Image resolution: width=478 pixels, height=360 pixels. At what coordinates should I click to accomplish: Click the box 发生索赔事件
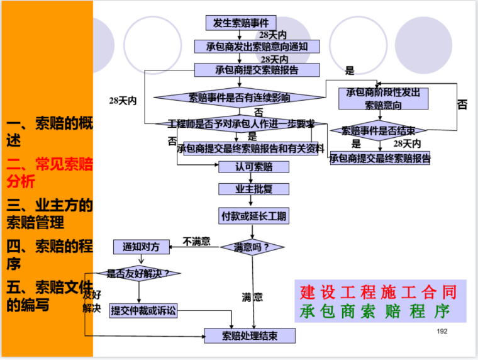coord(241,23)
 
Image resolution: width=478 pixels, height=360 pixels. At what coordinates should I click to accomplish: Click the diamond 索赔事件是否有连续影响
coord(240,98)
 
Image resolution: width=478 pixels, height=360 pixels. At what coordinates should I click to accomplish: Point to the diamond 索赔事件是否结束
coord(383,131)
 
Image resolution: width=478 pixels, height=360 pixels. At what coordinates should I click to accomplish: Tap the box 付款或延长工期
coord(253,217)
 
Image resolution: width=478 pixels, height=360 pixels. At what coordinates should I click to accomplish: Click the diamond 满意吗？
coord(252,247)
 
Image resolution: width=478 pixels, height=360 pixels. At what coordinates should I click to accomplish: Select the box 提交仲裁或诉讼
coord(144,310)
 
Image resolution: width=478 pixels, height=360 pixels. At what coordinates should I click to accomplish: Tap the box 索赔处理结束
coord(250,335)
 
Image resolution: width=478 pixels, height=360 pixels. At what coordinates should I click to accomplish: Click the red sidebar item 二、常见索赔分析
coord(49,173)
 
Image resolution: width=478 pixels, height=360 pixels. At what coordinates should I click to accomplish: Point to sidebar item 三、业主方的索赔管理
coord(49,213)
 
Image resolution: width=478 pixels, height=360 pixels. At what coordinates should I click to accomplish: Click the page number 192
coord(442,330)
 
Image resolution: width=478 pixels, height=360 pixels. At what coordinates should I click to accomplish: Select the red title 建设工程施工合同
coord(379,293)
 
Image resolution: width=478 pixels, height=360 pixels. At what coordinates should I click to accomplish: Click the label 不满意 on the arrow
coord(196,240)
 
